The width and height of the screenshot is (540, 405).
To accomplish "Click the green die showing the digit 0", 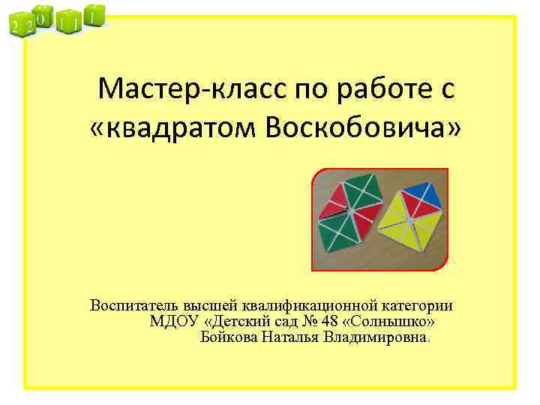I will click(43, 16).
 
